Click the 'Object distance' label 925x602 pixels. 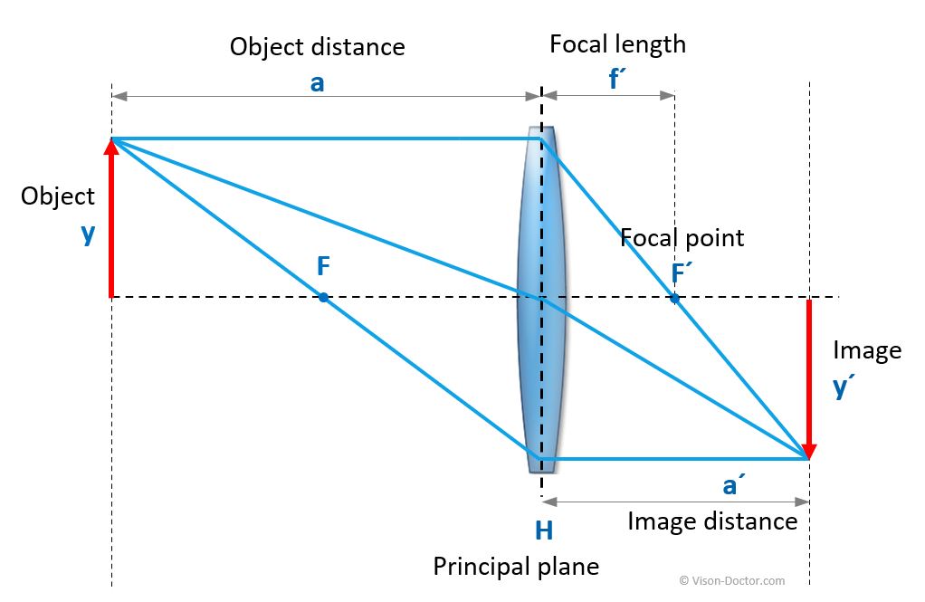(x=317, y=46)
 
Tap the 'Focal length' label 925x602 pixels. (x=617, y=43)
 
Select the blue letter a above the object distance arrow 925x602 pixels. (x=317, y=82)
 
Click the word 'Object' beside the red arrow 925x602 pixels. (x=58, y=196)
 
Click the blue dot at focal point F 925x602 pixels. (x=322, y=297)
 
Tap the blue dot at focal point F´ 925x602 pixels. (x=674, y=297)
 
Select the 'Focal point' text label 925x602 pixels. (x=682, y=238)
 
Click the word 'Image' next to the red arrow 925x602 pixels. (x=866, y=350)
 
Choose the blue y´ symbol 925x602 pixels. (x=844, y=387)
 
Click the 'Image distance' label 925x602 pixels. (x=711, y=521)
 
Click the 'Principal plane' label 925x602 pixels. (x=516, y=567)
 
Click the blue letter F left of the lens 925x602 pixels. (x=323, y=267)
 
